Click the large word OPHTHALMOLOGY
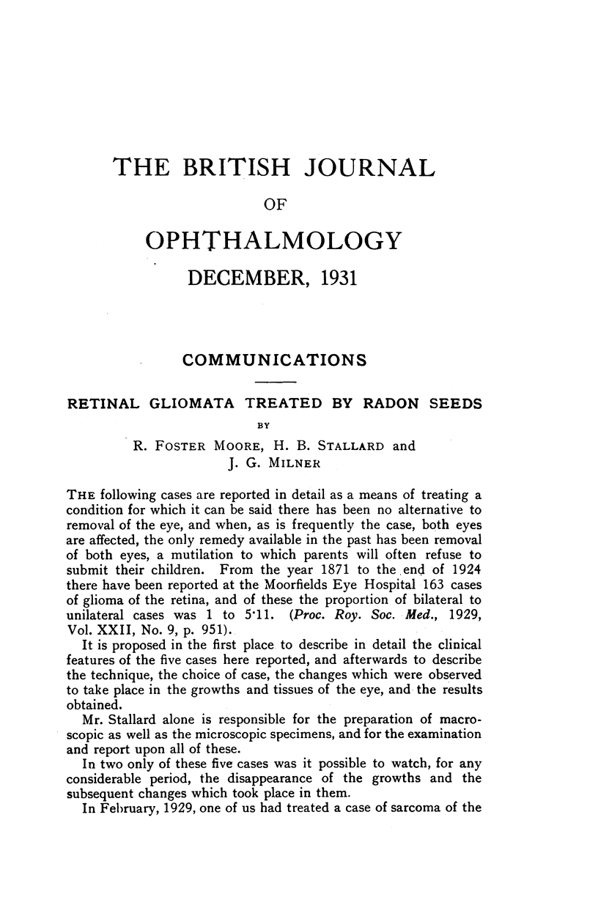click(x=274, y=240)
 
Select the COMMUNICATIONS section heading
click(x=274, y=360)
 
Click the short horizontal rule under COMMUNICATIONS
click(x=273, y=383)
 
